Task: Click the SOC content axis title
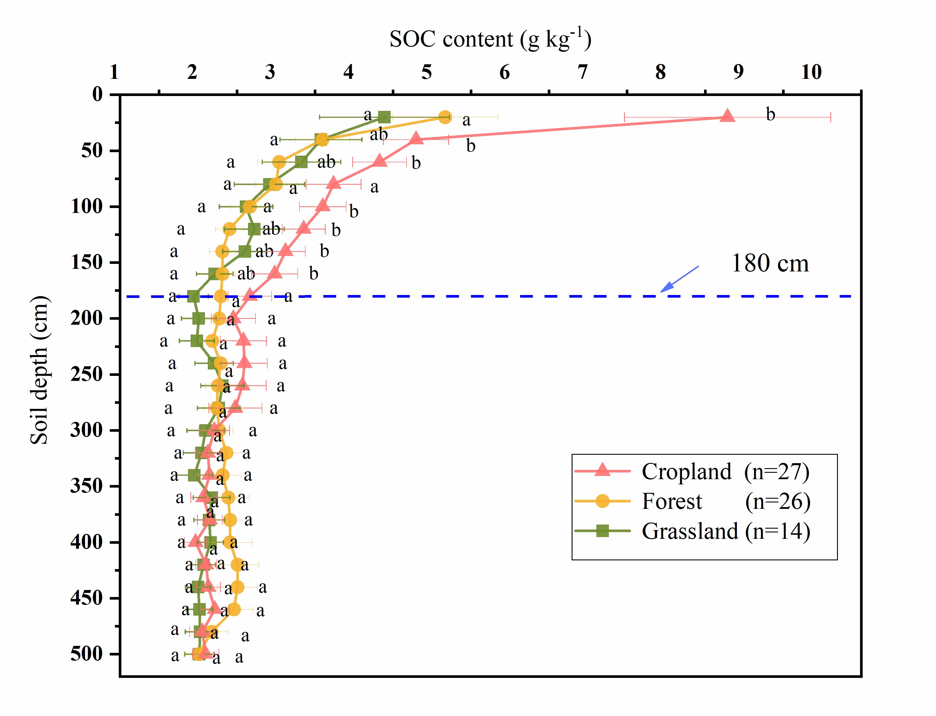[490, 39]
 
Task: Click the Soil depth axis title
[39, 370]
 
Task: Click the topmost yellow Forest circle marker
[444, 117]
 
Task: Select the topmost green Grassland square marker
[384, 117]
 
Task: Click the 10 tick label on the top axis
[811, 72]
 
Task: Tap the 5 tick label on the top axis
[426, 72]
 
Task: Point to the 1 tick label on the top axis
[114, 72]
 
